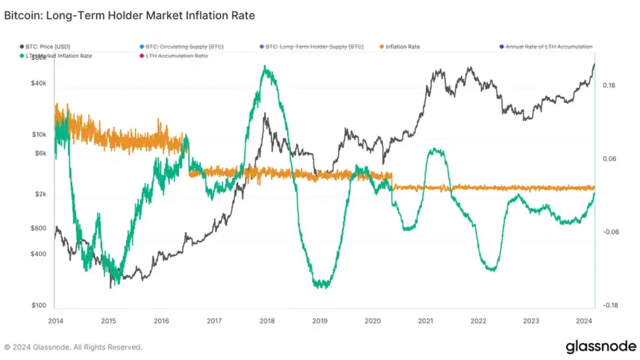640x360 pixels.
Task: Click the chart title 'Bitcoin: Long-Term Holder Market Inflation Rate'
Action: [x=129, y=15]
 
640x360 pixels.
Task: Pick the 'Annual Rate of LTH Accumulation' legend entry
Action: [x=549, y=47]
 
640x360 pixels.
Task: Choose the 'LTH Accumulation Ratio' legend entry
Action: [x=176, y=56]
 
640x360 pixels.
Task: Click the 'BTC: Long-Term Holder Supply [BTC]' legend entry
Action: [x=314, y=47]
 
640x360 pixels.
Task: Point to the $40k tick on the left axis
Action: [x=39, y=83]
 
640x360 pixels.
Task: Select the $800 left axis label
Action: [x=39, y=228]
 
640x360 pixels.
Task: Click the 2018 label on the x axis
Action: [x=267, y=321]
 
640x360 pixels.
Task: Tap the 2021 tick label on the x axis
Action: [x=425, y=321]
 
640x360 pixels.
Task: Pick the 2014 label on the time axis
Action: [x=56, y=321]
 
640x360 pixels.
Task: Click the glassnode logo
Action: [x=601, y=346]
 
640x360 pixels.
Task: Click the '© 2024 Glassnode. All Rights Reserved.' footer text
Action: [x=73, y=347]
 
